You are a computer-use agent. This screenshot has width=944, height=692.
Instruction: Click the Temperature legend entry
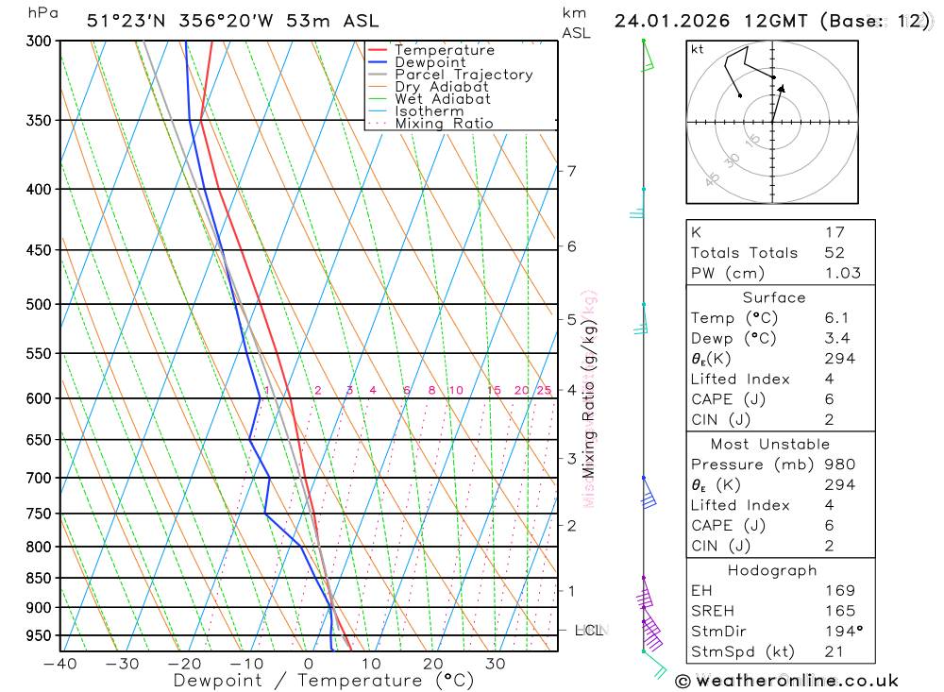coord(444,50)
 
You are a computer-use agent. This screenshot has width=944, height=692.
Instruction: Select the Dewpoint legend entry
coord(430,62)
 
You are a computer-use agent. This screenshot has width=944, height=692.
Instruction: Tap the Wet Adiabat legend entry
coord(443,99)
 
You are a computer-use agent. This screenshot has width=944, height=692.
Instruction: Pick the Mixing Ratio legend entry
coord(444,124)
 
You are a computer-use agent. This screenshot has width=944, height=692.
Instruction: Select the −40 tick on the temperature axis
coord(60,664)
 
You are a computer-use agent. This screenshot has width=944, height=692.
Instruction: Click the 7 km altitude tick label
coord(571,171)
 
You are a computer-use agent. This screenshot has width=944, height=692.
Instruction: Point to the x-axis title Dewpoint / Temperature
coord(310,681)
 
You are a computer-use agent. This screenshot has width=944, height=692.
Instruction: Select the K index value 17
coord(834,232)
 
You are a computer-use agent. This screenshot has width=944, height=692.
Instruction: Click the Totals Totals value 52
coord(834,253)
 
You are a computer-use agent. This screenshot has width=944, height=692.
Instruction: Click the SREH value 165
coord(839,611)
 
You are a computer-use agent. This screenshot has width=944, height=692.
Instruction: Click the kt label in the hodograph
coord(698,50)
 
